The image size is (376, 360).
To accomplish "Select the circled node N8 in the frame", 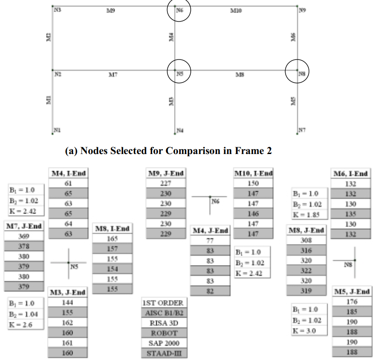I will [x=297, y=71].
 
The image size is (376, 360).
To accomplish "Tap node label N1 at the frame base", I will [x=57, y=130].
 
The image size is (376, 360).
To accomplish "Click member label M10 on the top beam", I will [x=236, y=10].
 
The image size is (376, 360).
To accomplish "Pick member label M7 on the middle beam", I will [x=112, y=75].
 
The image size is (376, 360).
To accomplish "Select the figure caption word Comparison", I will [x=191, y=151].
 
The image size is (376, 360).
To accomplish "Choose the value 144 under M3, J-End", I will [x=68, y=302].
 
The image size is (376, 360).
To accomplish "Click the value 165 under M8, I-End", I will [x=112, y=240].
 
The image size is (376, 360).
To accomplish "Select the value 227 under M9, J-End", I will [x=166, y=183].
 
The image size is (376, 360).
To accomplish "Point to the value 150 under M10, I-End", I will [x=253, y=183].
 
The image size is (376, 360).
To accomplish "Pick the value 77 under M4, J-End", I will [x=209, y=241].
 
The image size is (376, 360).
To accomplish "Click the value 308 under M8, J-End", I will [x=306, y=240].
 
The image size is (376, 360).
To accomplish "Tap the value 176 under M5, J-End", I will [x=352, y=302].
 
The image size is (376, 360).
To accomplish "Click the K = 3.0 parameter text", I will [x=304, y=331].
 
